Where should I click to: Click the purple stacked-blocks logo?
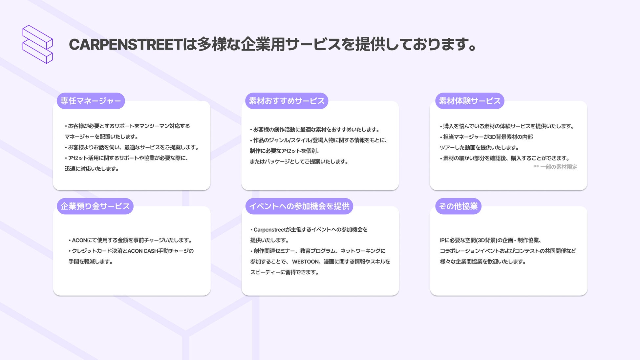37,44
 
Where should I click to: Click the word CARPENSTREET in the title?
125,45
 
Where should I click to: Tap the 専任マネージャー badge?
91,101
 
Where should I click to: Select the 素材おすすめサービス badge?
287,101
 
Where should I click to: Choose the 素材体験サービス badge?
470,101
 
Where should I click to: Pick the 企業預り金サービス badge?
95,206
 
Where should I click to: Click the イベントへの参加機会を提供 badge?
299,206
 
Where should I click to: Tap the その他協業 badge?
458,206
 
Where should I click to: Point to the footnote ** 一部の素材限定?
555,167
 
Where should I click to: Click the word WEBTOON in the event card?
305,262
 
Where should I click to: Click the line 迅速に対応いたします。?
92,169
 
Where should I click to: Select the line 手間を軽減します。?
91,262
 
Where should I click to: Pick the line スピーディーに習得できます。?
284,272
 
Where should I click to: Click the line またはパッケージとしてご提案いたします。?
299,161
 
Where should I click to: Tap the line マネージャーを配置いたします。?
101,137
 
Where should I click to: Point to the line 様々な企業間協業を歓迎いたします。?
483,262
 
